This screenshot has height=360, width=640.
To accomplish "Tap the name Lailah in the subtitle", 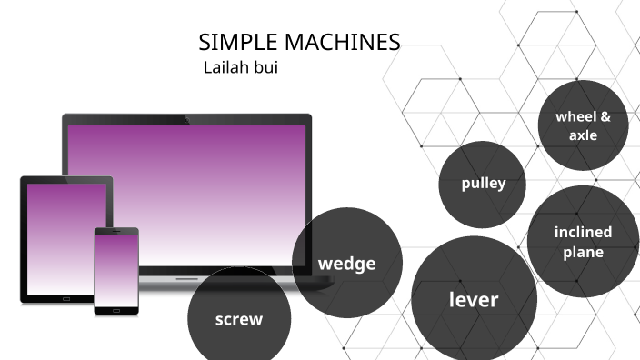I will (x=225, y=67).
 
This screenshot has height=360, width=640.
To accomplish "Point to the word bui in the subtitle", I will (x=265, y=67).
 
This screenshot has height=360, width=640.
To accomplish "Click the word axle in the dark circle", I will (x=583, y=135).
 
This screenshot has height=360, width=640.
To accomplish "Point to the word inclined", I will (x=583, y=232).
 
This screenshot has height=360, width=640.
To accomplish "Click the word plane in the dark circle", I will (x=583, y=252).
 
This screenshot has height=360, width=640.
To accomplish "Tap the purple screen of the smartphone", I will (x=116, y=270).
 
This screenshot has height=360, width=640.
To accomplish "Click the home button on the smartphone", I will (x=116, y=309).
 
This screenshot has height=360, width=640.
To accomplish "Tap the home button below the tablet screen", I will (x=66, y=297).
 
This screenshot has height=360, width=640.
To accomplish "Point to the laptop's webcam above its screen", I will (x=186, y=119).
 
